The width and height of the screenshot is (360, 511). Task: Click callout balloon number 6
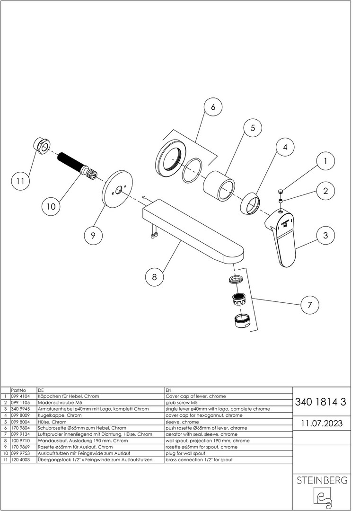point(213,107)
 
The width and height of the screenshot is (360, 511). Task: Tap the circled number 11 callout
point(20,181)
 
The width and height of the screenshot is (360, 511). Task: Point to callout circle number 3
point(325,235)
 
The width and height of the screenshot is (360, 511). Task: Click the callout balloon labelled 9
point(93,235)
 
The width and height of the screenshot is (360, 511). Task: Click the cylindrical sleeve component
point(219,186)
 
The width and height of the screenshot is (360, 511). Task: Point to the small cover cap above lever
point(281,191)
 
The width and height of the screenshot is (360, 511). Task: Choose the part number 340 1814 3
point(320,402)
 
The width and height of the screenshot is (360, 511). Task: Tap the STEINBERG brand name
point(322,481)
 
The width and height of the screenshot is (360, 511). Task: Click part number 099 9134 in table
point(19,434)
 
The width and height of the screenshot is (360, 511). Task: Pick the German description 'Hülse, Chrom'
point(53,422)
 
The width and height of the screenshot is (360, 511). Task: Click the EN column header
point(168,390)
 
